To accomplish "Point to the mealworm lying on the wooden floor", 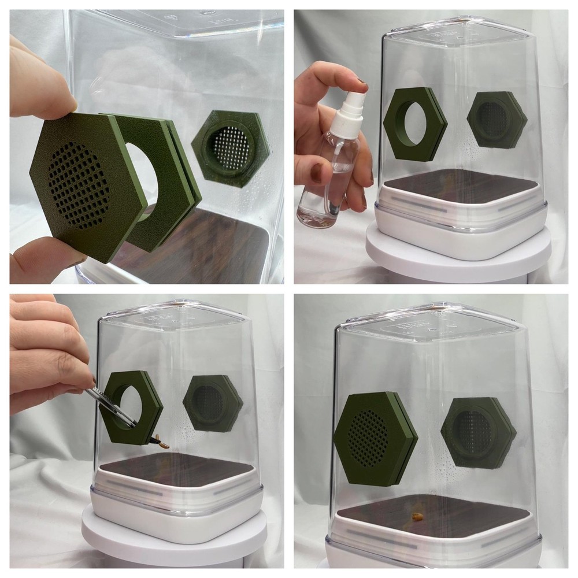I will click(x=416, y=513).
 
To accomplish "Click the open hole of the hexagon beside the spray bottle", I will click(x=414, y=124).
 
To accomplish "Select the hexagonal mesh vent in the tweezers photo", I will click(x=212, y=403).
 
